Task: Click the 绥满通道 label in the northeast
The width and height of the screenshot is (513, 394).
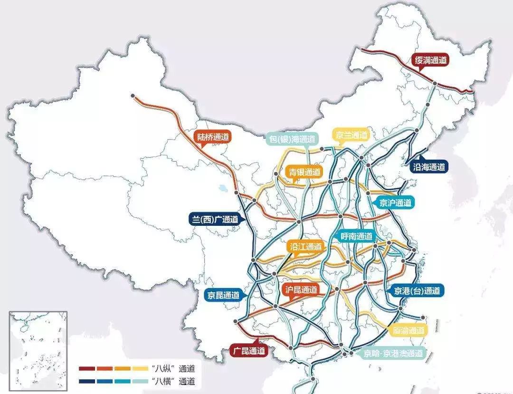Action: (x=431, y=60)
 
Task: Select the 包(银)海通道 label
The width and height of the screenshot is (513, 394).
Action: (x=291, y=139)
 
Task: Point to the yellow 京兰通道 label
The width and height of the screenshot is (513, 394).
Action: (x=351, y=135)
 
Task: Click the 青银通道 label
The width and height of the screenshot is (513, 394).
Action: (x=304, y=173)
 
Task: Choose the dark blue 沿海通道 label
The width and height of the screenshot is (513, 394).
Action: (x=429, y=167)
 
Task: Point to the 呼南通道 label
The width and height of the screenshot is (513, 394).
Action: (x=358, y=236)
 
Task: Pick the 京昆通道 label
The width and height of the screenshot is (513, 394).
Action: (x=223, y=295)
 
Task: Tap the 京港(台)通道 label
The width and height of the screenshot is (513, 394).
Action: (x=416, y=291)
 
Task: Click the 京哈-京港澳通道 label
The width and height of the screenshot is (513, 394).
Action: (x=393, y=353)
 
